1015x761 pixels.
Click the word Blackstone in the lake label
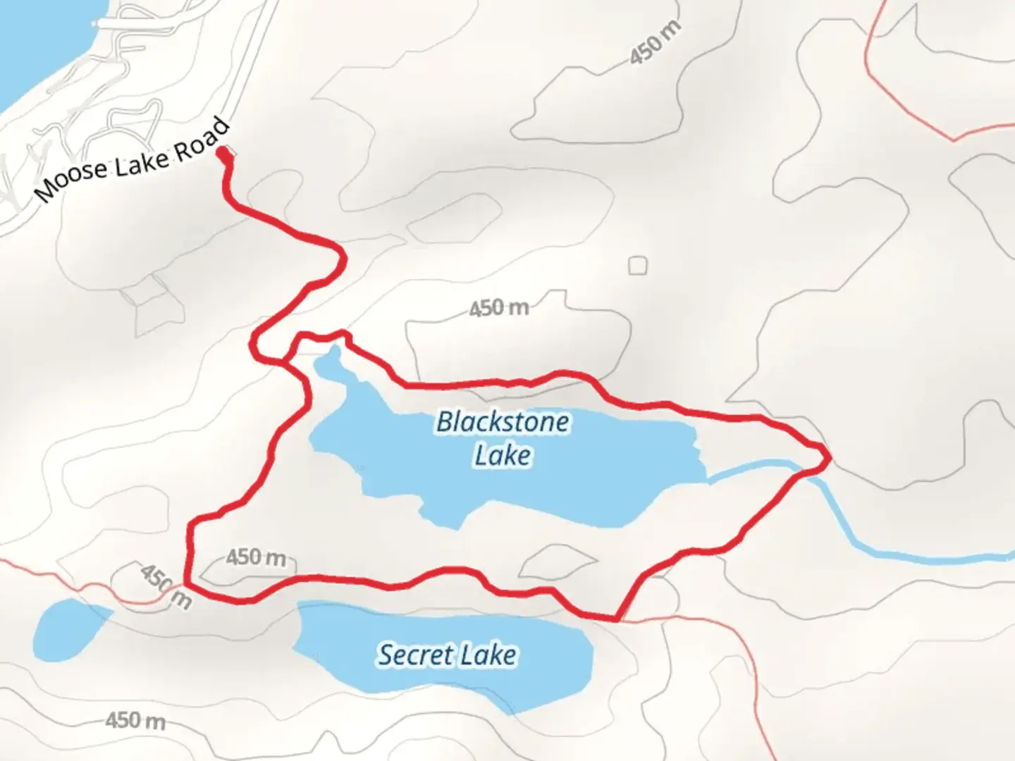click(x=503, y=422)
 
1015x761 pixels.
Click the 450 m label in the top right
click(x=655, y=43)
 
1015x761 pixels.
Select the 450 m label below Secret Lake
click(x=135, y=721)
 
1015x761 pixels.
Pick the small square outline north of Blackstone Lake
click(x=638, y=266)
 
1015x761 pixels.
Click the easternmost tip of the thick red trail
click(x=828, y=457)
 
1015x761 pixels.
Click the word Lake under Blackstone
click(x=503, y=455)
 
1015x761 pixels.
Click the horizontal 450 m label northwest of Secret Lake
click(x=257, y=558)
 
